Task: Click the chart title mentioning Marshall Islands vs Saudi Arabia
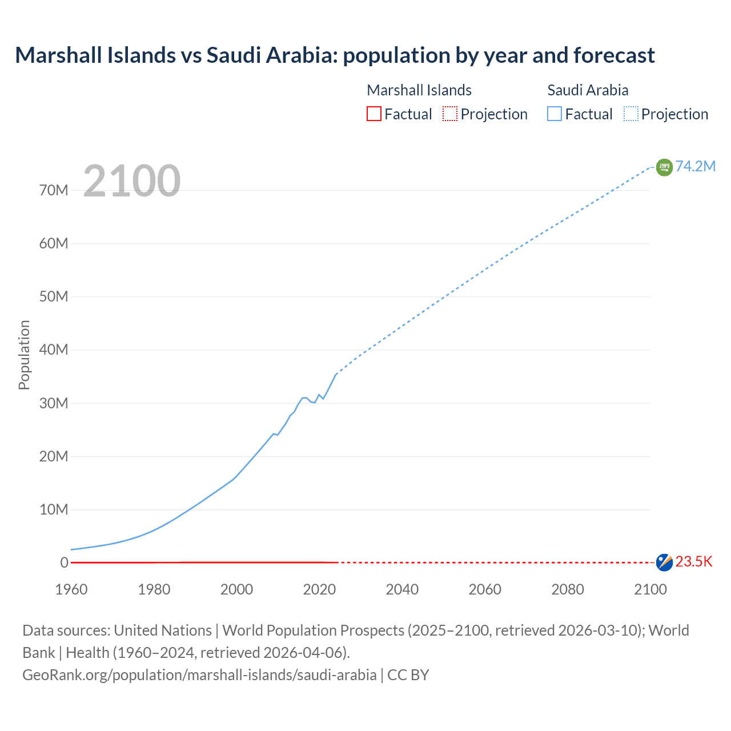click(335, 55)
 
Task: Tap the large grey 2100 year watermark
click(132, 181)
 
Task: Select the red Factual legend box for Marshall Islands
click(373, 114)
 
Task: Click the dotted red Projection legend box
click(450, 114)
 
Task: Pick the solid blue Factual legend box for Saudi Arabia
click(554, 114)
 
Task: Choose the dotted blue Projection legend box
click(630, 114)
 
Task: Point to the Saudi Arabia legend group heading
click(588, 90)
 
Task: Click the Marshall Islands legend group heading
click(419, 90)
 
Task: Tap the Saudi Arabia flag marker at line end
click(664, 167)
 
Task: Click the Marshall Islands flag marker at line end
click(664, 562)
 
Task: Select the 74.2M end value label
click(695, 166)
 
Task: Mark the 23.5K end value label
click(694, 562)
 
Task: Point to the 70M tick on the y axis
click(54, 190)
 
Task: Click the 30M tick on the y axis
click(54, 403)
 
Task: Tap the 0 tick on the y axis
click(64, 563)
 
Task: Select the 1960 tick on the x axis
click(71, 589)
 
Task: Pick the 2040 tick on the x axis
click(402, 589)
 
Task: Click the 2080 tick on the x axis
click(568, 589)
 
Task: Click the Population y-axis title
click(24, 355)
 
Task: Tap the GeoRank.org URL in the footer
click(199, 675)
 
